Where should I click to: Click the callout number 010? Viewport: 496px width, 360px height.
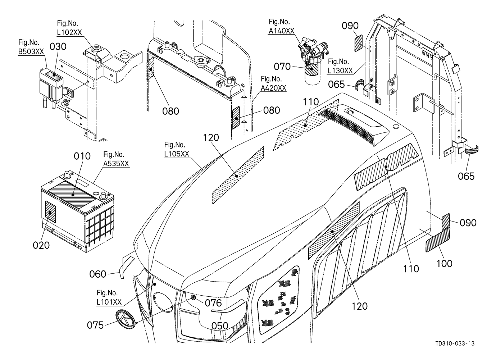82,156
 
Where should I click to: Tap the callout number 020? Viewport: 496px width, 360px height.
41,245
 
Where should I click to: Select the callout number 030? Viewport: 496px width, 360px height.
58,47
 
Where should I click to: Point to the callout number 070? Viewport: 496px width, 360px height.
282,67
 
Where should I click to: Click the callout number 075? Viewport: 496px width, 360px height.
95,325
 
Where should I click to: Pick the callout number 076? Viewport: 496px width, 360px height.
213,303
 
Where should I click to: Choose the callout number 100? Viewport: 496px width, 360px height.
445,264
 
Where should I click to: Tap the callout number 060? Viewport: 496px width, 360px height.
97,274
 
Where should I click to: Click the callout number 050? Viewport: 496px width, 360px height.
220,326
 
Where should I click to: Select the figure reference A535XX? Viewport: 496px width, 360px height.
116,163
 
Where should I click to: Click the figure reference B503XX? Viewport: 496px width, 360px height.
31,51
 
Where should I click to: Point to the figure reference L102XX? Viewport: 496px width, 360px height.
69,32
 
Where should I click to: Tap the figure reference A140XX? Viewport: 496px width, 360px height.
281,31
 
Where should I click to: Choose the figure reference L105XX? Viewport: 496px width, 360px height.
177,154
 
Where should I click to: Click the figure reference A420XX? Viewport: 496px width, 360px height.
273,88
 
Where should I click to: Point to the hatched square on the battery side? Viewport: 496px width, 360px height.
51,212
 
